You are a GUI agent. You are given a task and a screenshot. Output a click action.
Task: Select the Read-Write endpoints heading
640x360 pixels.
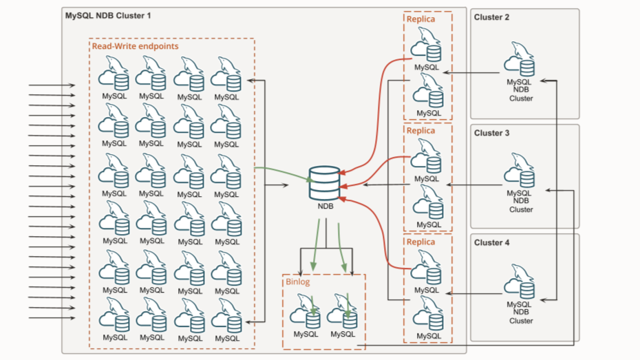click(136, 46)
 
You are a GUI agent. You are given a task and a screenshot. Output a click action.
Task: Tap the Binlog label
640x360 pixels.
click(298, 282)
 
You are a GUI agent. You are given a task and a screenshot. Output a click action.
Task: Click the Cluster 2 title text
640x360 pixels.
click(491, 17)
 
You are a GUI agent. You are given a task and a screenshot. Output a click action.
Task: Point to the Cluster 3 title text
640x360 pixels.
click(491, 133)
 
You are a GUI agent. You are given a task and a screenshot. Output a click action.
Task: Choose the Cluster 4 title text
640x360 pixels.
click(491, 242)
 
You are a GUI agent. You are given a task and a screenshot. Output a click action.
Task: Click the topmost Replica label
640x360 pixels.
click(420, 19)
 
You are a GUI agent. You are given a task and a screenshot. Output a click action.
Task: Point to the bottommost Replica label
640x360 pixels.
click(420, 242)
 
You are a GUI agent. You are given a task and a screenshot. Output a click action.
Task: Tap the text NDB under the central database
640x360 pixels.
click(326, 206)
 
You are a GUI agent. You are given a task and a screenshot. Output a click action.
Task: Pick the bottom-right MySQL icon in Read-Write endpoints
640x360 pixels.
click(226, 316)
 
